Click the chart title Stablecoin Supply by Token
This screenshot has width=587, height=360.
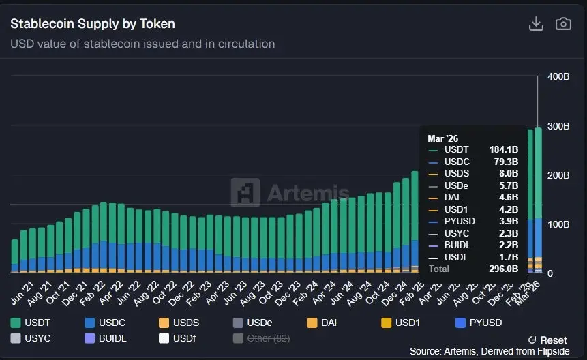[x=93, y=24]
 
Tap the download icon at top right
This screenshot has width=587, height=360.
[x=537, y=24]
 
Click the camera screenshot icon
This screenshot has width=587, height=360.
[x=563, y=24]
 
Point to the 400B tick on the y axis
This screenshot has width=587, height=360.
[x=558, y=76]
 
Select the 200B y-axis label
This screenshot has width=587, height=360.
[x=558, y=175]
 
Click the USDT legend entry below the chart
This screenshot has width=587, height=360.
[x=31, y=322]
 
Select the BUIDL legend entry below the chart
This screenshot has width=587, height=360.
[x=106, y=338]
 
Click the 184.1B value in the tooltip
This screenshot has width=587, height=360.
[x=505, y=149]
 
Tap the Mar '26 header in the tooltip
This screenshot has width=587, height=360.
[x=442, y=138]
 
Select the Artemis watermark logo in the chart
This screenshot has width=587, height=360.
[x=290, y=193]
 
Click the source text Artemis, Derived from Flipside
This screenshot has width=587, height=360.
[x=488, y=351]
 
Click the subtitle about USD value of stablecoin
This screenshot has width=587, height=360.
[x=142, y=44]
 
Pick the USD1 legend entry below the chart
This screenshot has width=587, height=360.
[x=401, y=322]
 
